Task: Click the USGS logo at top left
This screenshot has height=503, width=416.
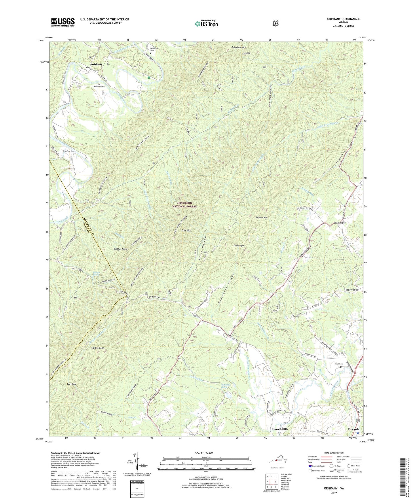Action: coord(63,22)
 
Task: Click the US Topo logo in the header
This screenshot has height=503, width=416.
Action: coord(206,24)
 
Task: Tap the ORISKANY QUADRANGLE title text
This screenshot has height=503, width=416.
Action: coord(339,19)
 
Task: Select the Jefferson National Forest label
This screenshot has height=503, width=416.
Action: coord(185,205)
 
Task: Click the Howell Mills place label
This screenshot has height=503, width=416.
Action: coord(280,429)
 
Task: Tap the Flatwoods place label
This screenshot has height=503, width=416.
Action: coord(352,290)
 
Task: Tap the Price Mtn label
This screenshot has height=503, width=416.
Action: coord(186,230)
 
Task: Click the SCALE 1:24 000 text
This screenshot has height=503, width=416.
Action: coord(204,453)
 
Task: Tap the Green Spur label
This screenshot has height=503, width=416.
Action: coord(239,246)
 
